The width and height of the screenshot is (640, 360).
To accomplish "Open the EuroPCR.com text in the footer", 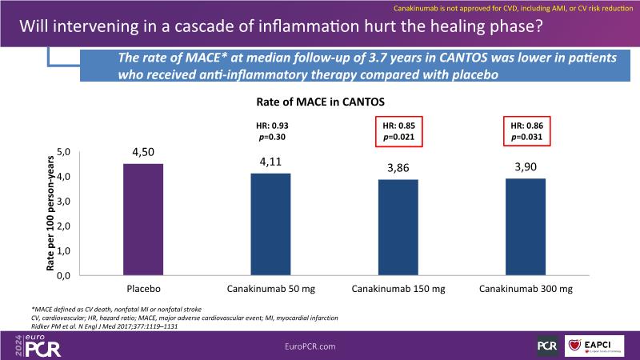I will pyautogui.click(x=319, y=344).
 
